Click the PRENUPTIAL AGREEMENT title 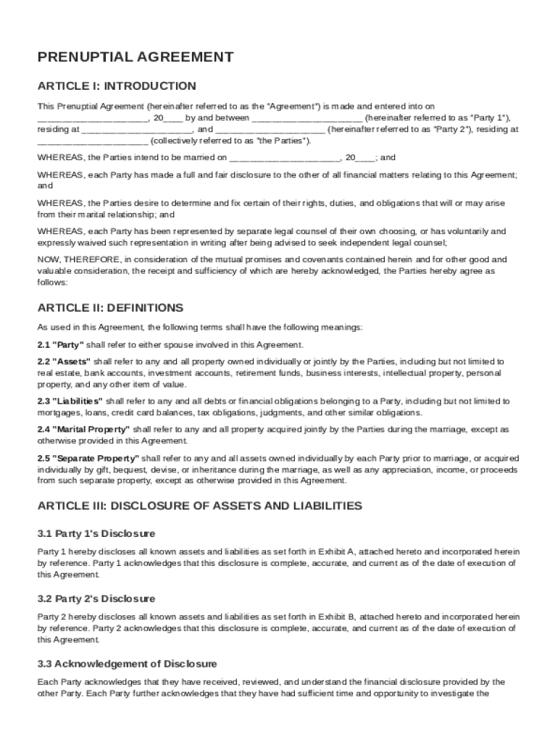(x=136, y=57)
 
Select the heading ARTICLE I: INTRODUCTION (x=117, y=86)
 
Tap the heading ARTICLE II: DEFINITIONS (x=110, y=308)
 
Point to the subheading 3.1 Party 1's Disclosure (x=96, y=533)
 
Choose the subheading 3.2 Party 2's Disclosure (x=96, y=599)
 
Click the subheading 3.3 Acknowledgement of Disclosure (x=127, y=664)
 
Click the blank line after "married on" (x=284, y=157)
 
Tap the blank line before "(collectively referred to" (x=93, y=141)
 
